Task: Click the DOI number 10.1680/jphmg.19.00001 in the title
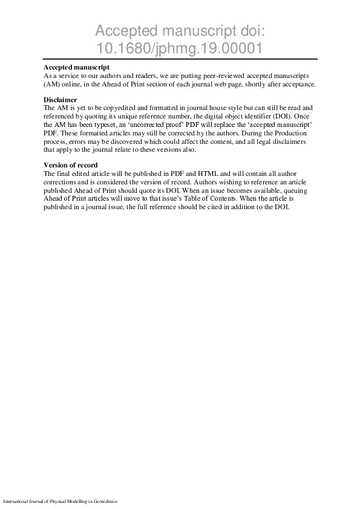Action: (x=180, y=47)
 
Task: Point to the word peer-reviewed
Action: (x=207, y=76)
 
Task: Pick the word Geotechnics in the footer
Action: (x=103, y=502)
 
